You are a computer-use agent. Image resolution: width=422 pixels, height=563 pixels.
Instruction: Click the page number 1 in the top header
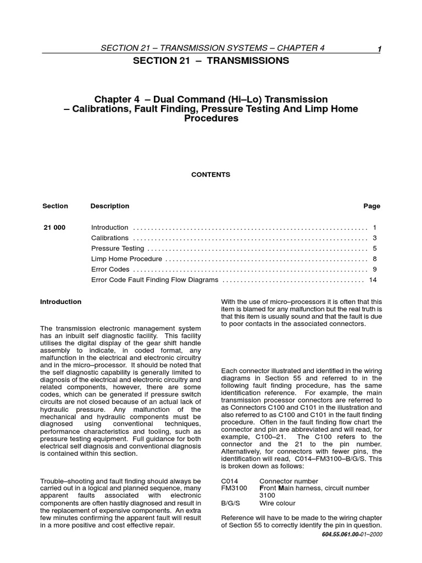[379, 50]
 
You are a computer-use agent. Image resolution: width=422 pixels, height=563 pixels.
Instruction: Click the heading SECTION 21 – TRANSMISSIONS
[211, 61]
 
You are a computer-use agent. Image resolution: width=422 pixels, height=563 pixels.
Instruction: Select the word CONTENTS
[210, 175]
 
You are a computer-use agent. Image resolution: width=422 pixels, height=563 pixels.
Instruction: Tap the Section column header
[55, 206]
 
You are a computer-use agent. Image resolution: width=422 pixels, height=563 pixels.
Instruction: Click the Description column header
[110, 206]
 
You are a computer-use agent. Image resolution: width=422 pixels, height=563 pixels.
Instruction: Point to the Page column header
[371, 206]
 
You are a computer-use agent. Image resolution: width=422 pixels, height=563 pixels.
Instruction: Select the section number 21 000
[54, 228]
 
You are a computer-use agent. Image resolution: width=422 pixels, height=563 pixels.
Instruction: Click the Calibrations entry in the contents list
[110, 238]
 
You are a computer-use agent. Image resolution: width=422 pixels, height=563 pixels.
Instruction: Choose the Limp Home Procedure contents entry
[126, 259]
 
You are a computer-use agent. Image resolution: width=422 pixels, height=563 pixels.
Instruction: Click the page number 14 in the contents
[373, 280]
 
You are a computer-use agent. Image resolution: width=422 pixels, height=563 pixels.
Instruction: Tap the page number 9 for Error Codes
[374, 269]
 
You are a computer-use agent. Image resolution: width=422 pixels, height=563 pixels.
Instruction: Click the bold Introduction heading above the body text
[61, 302]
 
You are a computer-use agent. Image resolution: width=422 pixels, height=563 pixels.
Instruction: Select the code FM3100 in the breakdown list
[234, 488]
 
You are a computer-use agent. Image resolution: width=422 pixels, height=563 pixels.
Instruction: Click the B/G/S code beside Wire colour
[231, 503]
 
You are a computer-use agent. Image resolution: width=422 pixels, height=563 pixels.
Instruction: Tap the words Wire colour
[277, 503]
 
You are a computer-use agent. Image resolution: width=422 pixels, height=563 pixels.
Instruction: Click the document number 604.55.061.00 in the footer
[337, 534]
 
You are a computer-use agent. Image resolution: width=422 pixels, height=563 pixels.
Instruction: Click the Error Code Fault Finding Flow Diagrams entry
[154, 280]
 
